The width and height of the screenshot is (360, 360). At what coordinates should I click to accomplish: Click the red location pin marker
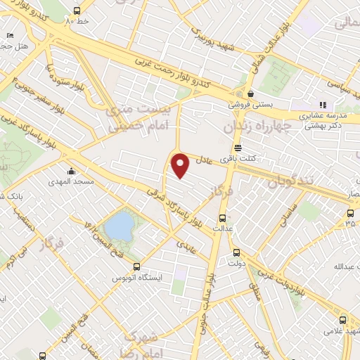coord(181,165)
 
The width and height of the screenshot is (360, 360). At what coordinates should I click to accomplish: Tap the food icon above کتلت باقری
coord(238,148)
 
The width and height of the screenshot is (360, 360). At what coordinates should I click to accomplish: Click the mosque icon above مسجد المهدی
coord(71,171)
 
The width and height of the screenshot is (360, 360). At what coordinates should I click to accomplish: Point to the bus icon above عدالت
coord(223,217)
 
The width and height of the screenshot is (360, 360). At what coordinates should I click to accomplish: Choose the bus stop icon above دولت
coord(235,252)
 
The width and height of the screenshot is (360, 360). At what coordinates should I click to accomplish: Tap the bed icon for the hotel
coord(9,34)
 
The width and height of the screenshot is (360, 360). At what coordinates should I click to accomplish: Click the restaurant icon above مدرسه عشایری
coord(323,105)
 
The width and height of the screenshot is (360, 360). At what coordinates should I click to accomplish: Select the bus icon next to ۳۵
coord(350,213)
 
